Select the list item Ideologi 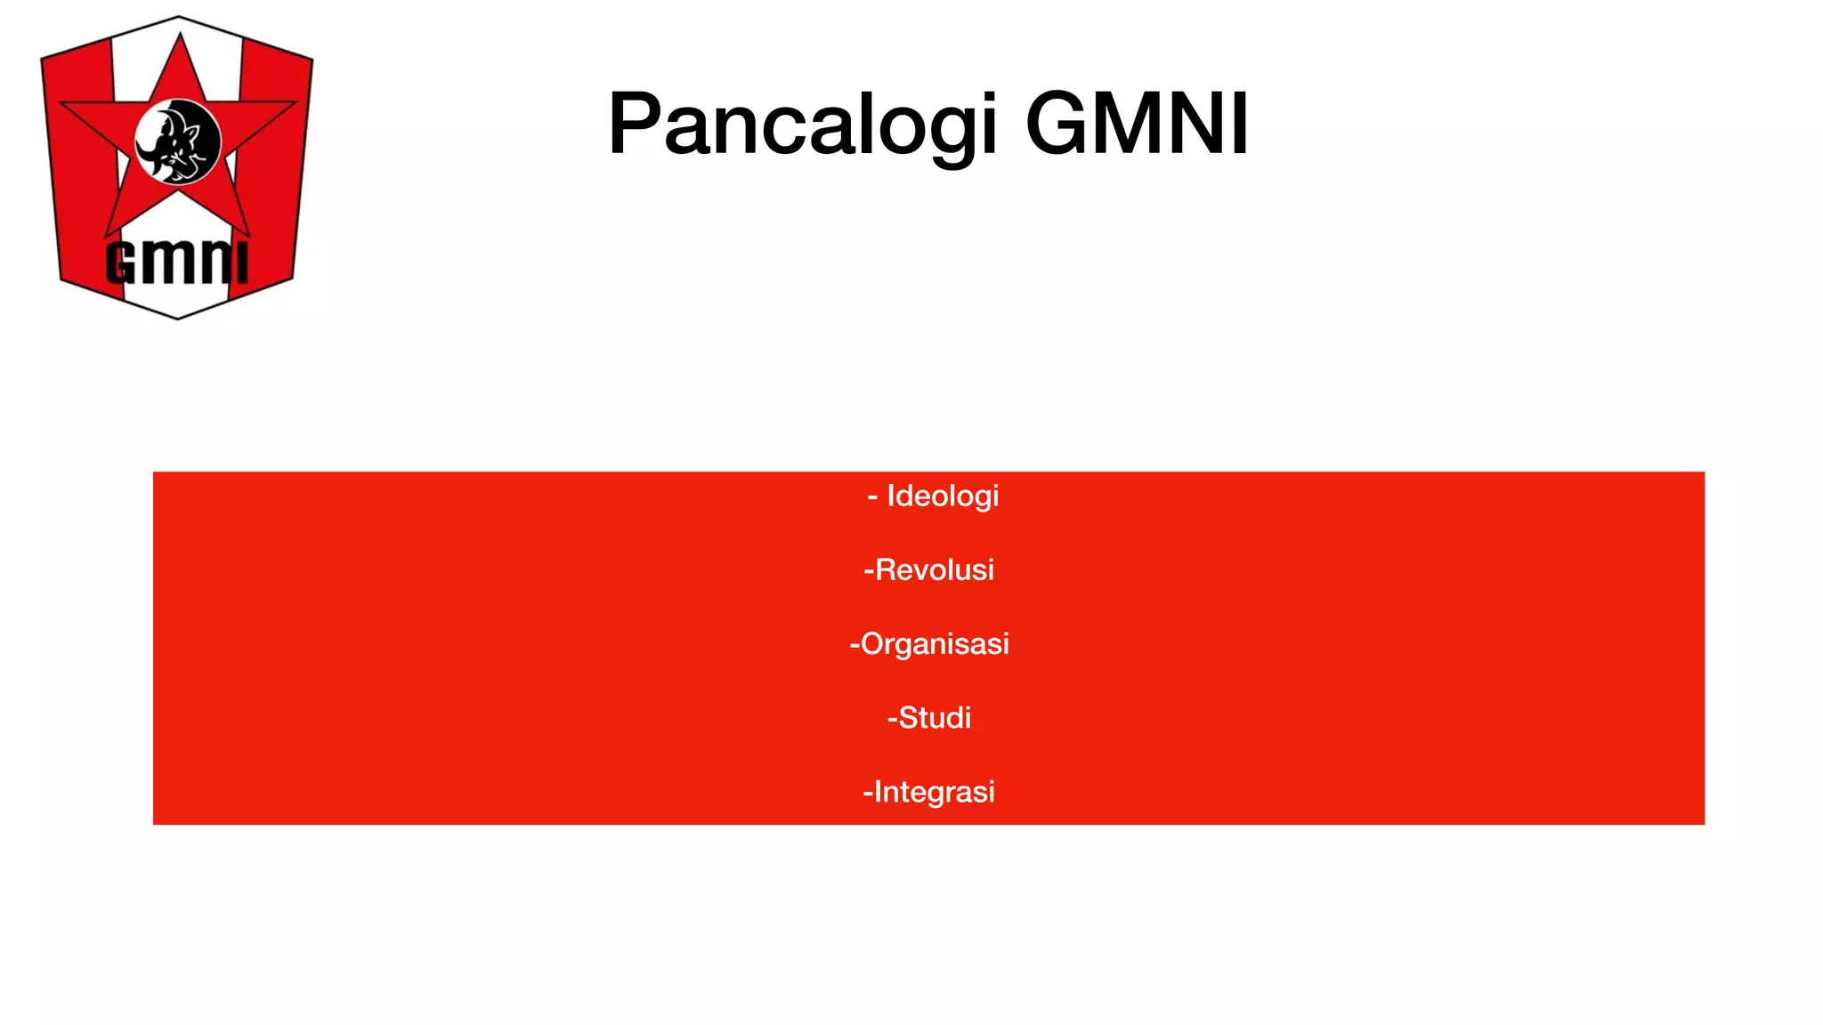943,496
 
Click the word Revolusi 934,569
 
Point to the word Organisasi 935,643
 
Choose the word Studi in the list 935,717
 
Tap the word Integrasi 934,791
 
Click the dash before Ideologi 872,496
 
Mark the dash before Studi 892,718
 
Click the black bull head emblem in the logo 178,141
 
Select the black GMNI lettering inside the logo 176,262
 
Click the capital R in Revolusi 886,569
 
